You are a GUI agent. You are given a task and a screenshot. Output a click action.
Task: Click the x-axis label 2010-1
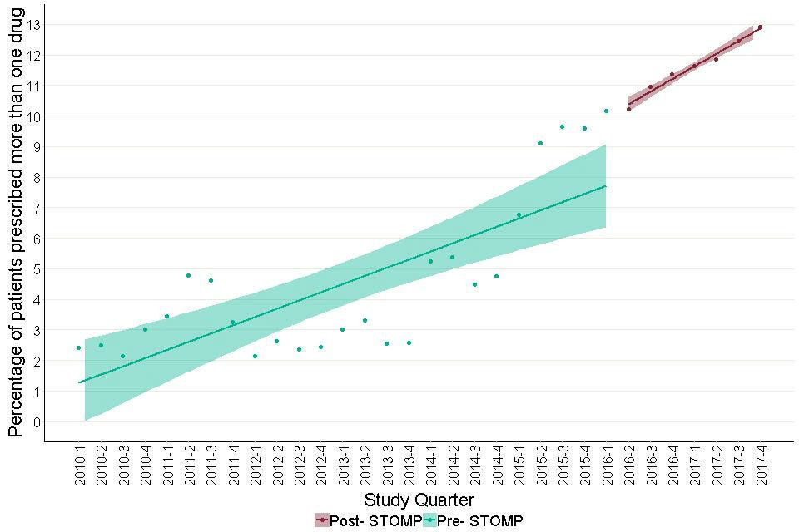tap(79, 465)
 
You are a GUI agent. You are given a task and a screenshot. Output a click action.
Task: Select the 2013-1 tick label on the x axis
tap(343, 465)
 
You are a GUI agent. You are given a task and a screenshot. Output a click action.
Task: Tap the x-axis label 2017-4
tap(761, 465)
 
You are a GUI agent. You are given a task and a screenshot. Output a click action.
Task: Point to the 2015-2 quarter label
tap(541, 465)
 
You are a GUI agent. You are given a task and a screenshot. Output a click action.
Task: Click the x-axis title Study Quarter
tap(419, 500)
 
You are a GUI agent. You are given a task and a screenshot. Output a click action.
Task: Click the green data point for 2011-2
tap(188, 275)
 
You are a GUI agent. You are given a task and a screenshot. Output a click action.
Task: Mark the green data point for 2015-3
tap(562, 126)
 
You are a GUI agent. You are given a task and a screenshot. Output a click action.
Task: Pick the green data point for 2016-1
tap(606, 111)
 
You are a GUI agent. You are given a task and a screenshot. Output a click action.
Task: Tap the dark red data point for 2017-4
tap(760, 27)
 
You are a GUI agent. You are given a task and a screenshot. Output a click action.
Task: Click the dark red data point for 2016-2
tap(628, 109)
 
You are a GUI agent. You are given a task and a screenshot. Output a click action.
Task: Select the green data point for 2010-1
tap(78, 347)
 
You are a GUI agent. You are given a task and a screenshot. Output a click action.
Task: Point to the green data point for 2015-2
tap(540, 143)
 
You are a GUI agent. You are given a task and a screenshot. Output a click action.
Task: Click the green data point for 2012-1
tap(255, 356)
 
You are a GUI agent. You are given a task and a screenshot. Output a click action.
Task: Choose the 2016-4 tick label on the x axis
tap(672, 465)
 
